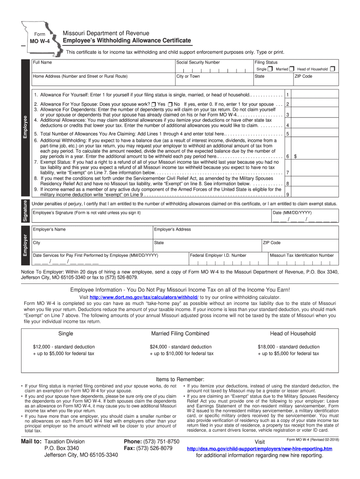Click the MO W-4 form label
pos(41,42)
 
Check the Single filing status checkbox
pos(270,69)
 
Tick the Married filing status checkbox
pos(291,69)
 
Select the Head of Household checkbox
pos(332,69)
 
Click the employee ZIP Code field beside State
pos(316,81)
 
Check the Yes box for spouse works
pos(154,104)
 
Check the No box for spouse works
pos(170,104)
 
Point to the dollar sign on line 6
pos(295,156)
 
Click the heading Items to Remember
pos(180,379)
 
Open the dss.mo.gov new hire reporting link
pos(259,449)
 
